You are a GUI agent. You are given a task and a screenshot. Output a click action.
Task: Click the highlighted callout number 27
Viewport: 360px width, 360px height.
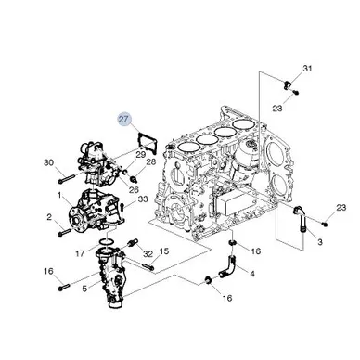[124, 119]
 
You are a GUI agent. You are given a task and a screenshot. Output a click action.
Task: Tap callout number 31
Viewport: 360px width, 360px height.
[307, 68]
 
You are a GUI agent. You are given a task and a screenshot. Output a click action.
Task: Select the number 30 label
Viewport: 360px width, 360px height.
[48, 162]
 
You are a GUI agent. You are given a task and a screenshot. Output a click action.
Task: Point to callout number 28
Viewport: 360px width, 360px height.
[151, 161]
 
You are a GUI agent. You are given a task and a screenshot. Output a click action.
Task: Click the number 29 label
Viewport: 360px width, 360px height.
[141, 154]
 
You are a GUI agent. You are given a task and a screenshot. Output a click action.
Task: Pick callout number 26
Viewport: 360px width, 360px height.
[134, 189]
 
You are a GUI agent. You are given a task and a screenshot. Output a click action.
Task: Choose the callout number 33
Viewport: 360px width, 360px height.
[143, 199]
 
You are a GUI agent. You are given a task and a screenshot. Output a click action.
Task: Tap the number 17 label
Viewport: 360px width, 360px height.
[80, 253]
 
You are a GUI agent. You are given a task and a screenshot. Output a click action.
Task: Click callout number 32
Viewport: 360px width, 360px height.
[148, 254]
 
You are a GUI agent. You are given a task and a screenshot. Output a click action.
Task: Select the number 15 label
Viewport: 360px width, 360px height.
[164, 251]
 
